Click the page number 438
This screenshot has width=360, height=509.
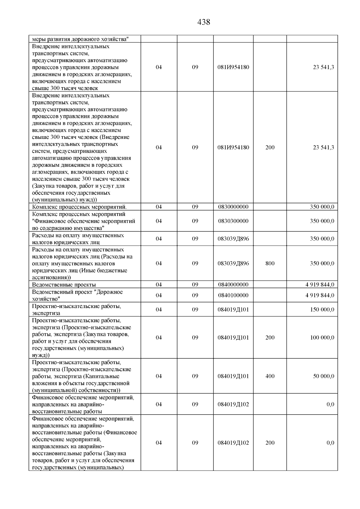click(204, 22)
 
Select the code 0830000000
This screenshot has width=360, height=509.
click(233, 207)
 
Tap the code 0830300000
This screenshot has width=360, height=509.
click(233, 221)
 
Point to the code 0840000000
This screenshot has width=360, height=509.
click(233, 284)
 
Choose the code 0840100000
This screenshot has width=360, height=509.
click(233, 295)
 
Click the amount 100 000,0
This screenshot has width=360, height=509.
click(322, 337)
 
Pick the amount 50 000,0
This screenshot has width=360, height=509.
click(323, 376)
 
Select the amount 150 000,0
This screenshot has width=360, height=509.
click(322, 310)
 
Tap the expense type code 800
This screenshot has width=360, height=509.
click(270, 263)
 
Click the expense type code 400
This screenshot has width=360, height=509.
click(270, 376)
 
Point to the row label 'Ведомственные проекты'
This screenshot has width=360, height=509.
click(64, 285)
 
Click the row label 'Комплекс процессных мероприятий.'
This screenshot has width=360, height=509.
click(79, 207)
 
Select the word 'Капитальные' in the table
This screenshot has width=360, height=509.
click(104, 376)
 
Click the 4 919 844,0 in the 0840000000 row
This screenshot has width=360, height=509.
click(320, 284)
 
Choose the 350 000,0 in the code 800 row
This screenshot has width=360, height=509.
click(322, 263)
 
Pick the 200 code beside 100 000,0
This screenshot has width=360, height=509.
click(270, 337)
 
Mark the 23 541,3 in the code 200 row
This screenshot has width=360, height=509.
click(323, 148)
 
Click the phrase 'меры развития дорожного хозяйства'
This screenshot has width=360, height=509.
click(80, 39)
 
